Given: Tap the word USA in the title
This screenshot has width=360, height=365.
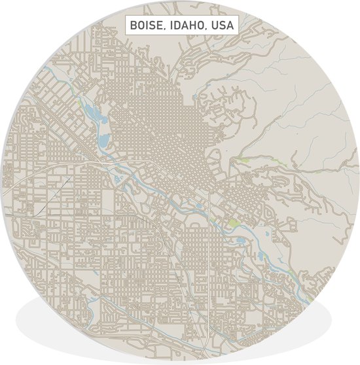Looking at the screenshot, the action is point(223,26).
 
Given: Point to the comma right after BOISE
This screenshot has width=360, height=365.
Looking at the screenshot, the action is point(166,30).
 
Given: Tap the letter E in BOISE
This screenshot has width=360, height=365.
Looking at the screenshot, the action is point(162,26).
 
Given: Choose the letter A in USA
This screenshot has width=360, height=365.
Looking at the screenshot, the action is point(231,26).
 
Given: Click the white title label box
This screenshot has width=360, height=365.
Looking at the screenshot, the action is point(181,26).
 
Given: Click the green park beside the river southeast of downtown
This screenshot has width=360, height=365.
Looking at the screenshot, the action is point(234,224).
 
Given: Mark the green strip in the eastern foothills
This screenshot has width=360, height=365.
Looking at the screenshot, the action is point(242,160).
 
